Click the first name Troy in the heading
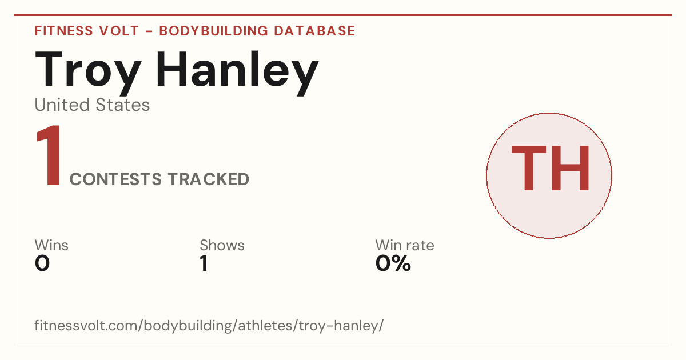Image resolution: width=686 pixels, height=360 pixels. coord(88,73)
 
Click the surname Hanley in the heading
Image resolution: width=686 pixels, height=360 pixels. coord(238,73)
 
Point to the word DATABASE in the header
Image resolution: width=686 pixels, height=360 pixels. coord(314,31)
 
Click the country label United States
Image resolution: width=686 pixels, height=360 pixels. coord(92,105)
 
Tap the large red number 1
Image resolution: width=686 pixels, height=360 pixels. coord(49,155)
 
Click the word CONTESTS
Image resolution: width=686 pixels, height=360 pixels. coord(115,179)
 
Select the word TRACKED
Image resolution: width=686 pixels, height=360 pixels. coord(209,179)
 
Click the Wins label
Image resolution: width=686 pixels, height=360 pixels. coord(51,245)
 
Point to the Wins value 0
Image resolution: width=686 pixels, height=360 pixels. coord(42,263)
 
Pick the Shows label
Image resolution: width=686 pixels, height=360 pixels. coord(222,245)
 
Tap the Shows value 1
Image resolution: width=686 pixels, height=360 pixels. coord(204,263)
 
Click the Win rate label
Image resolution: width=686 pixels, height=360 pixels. coord(405,245)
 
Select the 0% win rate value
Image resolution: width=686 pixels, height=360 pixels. coord(393,263)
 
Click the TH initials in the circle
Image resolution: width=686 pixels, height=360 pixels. coord(550,168)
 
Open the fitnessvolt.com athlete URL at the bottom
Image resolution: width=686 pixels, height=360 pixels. coord(209,325)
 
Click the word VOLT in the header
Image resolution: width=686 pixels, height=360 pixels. coord(119,31)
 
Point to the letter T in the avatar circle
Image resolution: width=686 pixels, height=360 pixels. coord(529,168)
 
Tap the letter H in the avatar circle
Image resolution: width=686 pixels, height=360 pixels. coord(571,168)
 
